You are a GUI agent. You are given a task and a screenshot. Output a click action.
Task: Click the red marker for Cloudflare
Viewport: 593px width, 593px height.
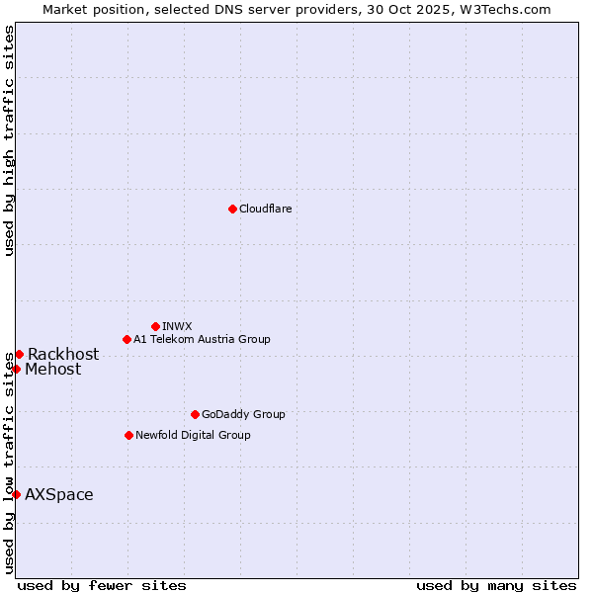(232, 209)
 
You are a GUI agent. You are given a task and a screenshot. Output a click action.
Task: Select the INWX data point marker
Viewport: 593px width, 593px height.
(155, 326)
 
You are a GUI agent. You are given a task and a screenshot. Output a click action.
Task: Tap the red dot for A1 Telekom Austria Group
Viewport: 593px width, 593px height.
(127, 339)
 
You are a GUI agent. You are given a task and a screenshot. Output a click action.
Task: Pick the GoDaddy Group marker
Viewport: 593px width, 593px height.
(195, 414)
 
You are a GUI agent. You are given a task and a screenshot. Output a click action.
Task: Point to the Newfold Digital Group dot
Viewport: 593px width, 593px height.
(128, 435)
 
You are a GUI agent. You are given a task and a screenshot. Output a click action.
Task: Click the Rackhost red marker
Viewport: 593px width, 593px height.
(19, 354)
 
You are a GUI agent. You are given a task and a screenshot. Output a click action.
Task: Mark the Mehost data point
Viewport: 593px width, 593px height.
(16, 369)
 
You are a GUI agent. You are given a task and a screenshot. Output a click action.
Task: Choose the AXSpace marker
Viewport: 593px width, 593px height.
(16, 494)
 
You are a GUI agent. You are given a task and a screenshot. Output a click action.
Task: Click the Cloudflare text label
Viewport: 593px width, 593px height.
(265, 209)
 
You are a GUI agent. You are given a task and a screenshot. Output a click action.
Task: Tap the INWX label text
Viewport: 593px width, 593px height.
(177, 326)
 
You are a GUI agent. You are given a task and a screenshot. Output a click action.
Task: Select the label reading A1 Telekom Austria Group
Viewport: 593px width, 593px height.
(202, 339)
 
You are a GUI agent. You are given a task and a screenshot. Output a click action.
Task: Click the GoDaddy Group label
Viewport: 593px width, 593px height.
(243, 414)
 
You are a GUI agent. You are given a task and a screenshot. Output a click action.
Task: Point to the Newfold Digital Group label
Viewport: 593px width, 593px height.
(193, 435)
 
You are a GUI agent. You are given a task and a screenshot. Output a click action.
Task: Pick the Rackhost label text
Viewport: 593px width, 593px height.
(63, 354)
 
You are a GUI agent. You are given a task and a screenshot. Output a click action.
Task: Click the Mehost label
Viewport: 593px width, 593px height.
(52, 370)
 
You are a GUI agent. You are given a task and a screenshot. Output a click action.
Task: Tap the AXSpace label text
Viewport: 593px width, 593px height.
(59, 494)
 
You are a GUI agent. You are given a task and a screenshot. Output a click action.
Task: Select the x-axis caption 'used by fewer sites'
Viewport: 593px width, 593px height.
(102, 585)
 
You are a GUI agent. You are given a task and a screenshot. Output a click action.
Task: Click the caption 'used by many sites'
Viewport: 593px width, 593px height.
(496, 585)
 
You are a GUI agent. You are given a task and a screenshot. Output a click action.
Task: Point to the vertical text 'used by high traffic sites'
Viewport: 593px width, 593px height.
(9, 140)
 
